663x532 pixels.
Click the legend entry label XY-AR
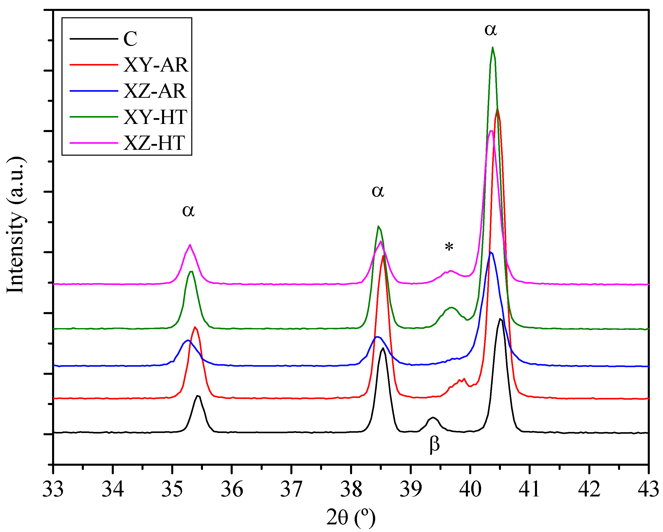tap(156, 65)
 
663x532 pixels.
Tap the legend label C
tap(130, 39)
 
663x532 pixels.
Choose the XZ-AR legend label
tap(155, 91)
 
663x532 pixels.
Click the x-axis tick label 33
tap(53, 490)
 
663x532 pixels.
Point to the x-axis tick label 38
tap(351, 490)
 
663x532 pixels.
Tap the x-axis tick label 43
tap(648, 490)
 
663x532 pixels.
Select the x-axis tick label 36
tap(232, 490)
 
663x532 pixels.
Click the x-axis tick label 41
tap(529, 490)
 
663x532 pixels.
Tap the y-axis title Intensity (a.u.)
tap(15, 225)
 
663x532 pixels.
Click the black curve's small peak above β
tap(433, 417)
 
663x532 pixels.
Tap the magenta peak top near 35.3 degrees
tap(190, 245)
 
